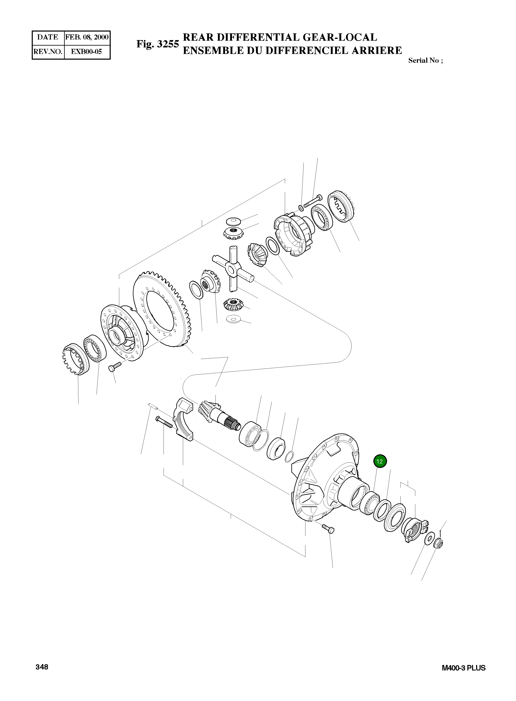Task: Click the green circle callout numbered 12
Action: (380, 461)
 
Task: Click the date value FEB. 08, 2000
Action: (87, 37)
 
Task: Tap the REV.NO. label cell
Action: (48, 51)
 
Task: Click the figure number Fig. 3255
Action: (157, 44)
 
